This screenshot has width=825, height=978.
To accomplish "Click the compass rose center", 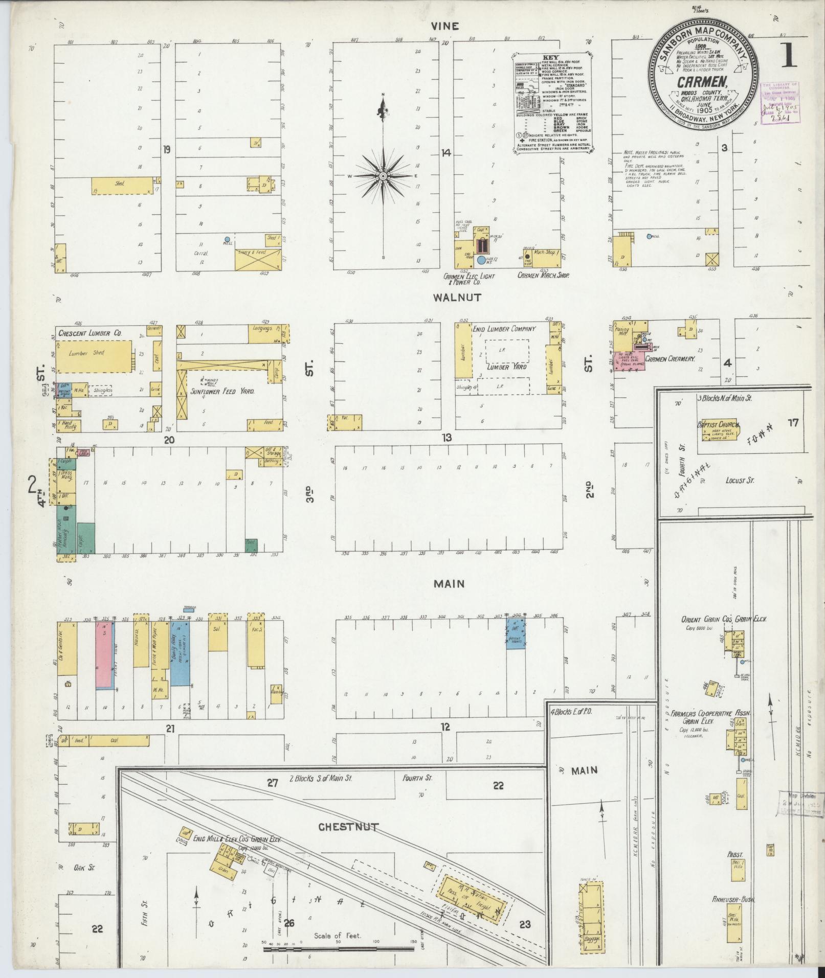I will (383, 175).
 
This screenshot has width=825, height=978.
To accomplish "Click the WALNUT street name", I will (449, 297).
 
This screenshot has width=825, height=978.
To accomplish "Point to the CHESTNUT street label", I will (348, 827).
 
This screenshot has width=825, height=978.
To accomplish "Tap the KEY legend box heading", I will (552, 58).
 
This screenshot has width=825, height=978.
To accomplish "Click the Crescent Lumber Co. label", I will (90, 333).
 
